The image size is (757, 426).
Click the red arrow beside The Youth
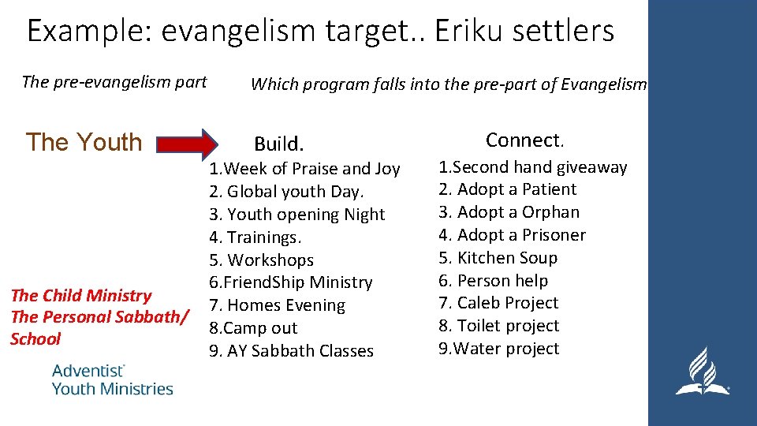coord(187,144)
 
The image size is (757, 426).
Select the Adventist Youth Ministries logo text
coord(112,379)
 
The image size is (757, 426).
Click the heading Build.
coord(278,144)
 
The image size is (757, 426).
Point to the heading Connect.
coord(524,140)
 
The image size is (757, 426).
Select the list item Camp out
coord(254,328)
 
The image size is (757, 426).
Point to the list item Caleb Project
coord(498,303)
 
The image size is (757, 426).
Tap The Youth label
coord(84,143)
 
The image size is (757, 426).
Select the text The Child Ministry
coord(80,296)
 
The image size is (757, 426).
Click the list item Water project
coord(499,349)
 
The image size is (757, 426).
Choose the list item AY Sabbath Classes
coord(291,351)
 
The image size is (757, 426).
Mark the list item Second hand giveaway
coord(533,167)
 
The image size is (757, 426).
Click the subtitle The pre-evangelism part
coord(114,82)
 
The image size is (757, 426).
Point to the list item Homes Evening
coord(277,305)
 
